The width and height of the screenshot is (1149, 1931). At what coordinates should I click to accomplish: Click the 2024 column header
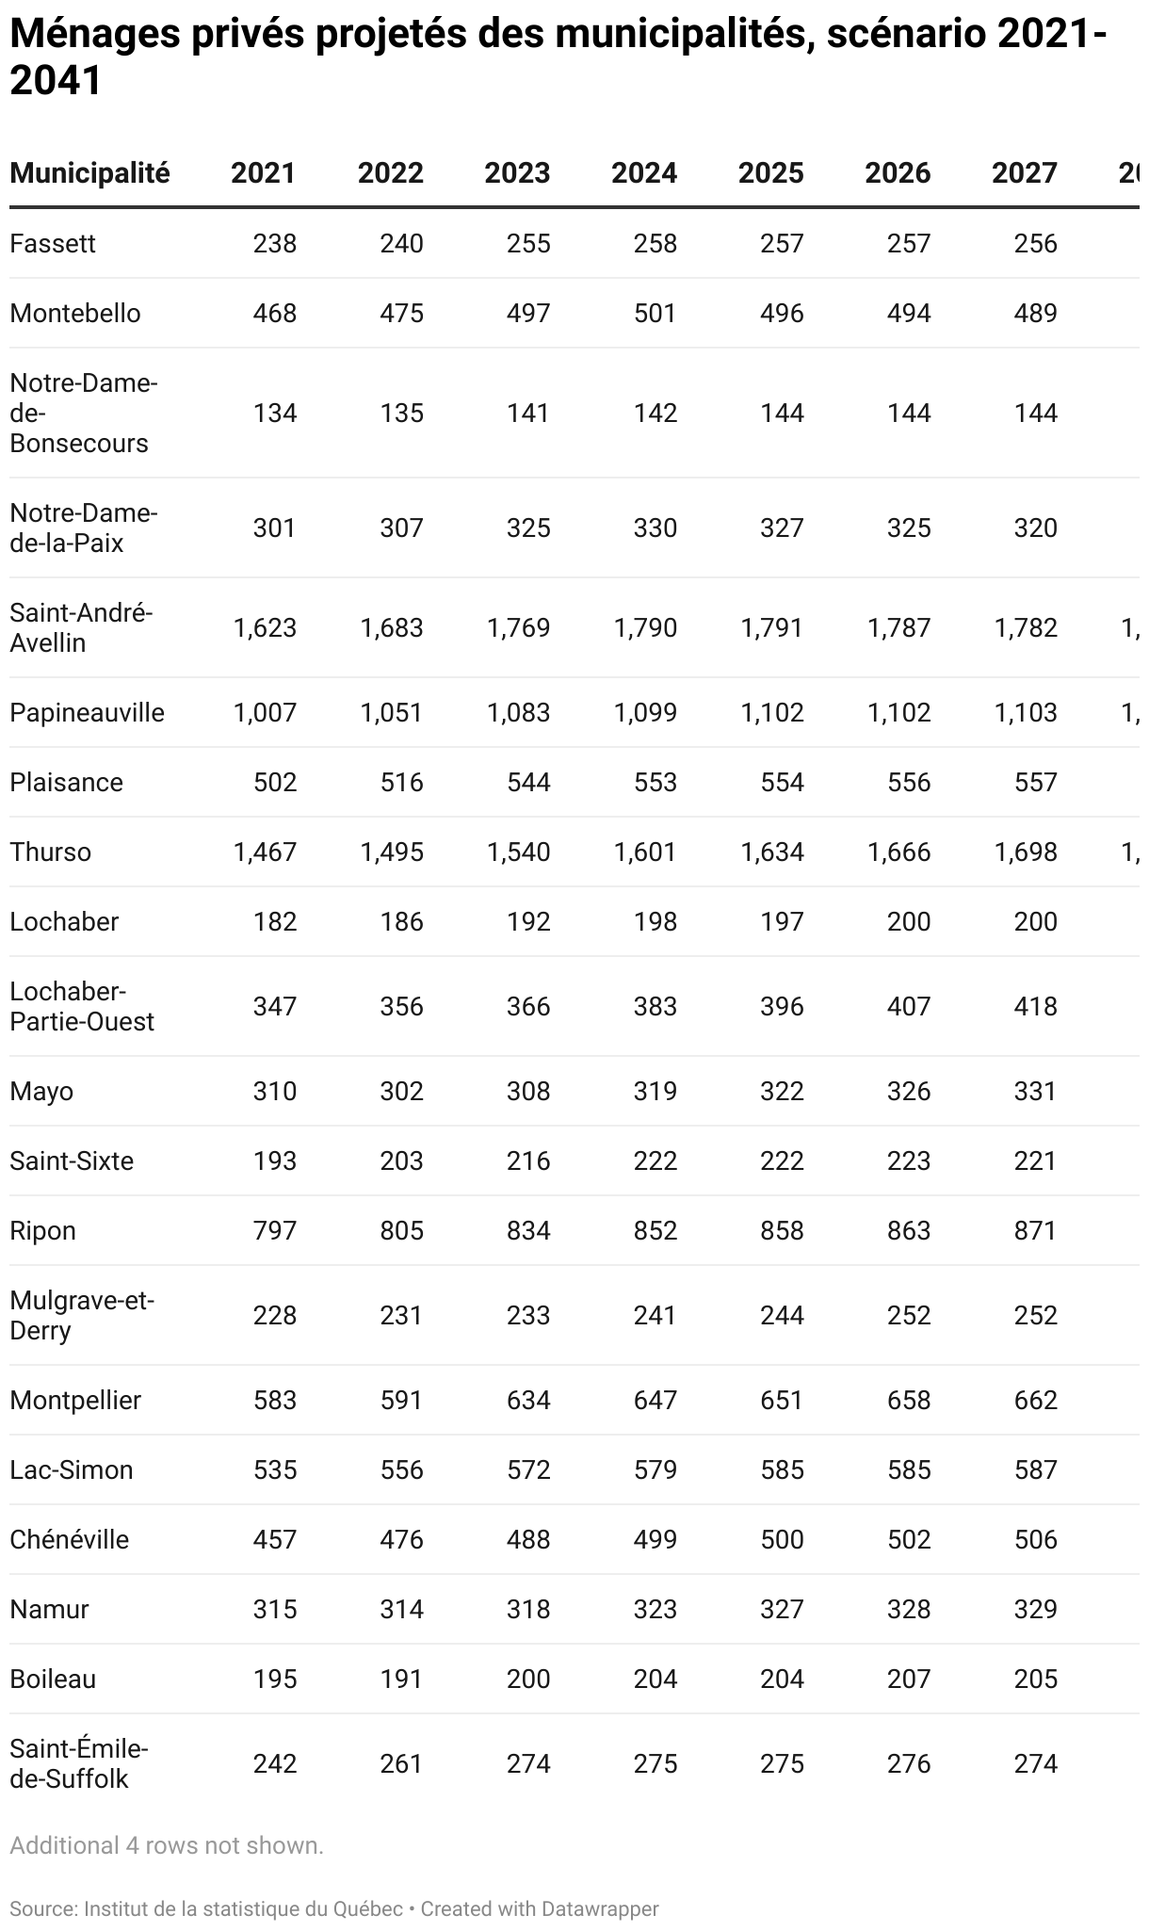click(644, 173)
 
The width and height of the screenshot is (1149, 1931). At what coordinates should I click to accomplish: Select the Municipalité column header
click(89, 173)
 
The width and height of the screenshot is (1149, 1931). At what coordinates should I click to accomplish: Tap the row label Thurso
click(51, 852)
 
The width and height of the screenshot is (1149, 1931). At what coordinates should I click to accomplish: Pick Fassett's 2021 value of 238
click(274, 244)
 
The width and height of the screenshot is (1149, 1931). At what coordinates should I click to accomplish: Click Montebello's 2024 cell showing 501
click(655, 314)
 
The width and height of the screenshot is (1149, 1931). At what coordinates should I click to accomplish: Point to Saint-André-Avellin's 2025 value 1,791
click(771, 628)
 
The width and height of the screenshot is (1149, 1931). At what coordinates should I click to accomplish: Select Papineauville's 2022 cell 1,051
click(391, 713)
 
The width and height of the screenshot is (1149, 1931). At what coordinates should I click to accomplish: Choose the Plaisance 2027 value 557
click(1036, 783)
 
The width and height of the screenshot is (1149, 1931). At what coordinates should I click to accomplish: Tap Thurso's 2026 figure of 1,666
click(898, 852)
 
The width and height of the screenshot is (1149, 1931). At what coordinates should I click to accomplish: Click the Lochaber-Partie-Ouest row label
click(82, 1007)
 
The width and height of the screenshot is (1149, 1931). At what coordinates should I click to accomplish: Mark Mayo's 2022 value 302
click(401, 1092)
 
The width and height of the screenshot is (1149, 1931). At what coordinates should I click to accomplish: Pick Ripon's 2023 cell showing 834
click(528, 1231)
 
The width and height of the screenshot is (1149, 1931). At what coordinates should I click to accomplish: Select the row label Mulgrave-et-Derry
click(82, 1316)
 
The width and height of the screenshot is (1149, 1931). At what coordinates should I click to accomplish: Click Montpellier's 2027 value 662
click(1036, 1401)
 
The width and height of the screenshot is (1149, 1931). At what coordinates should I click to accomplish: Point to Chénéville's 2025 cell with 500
click(782, 1540)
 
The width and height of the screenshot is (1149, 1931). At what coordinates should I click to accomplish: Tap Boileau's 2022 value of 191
click(401, 1679)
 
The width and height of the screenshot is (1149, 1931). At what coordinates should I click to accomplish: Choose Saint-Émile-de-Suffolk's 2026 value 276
click(909, 1764)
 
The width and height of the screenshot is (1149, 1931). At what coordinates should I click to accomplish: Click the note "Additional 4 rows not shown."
click(167, 1846)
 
